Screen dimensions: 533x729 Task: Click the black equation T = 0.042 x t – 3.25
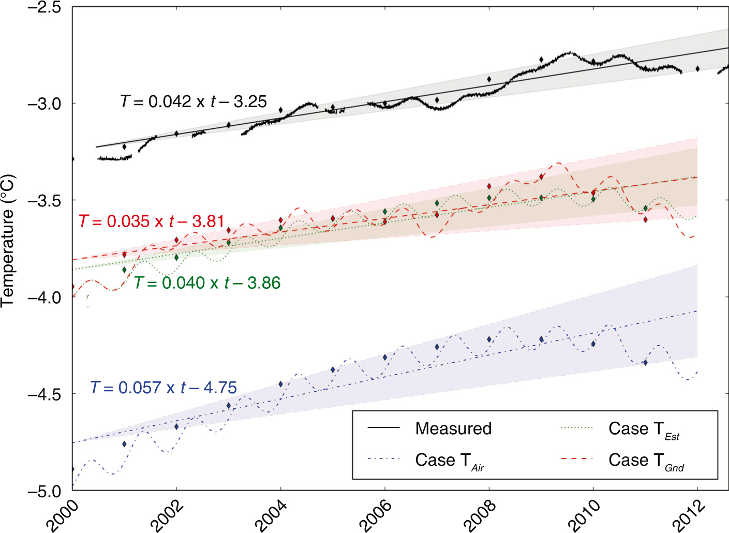click(194, 101)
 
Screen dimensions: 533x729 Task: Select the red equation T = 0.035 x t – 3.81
click(152, 221)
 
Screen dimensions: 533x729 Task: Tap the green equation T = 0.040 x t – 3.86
click(207, 283)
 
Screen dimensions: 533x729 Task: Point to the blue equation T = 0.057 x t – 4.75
click(163, 388)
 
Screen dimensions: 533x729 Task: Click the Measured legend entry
click(429, 428)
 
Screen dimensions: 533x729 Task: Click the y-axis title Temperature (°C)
click(8, 241)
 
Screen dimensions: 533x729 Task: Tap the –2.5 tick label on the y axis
click(44, 7)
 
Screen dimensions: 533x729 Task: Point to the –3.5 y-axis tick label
click(44, 200)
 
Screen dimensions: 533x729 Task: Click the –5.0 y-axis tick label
click(44, 491)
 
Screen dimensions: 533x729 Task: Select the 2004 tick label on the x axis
click(271, 516)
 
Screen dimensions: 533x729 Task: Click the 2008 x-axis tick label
click(480, 516)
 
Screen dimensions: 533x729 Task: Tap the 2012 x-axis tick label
click(688, 516)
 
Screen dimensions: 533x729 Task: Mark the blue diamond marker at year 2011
click(645, 363)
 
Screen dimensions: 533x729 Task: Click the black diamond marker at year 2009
click(541, 60)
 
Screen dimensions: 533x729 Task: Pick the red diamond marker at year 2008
click(489, 186)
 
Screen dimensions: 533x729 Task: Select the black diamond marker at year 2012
click(697, 68)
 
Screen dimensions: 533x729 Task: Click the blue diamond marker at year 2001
click(124, 444)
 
